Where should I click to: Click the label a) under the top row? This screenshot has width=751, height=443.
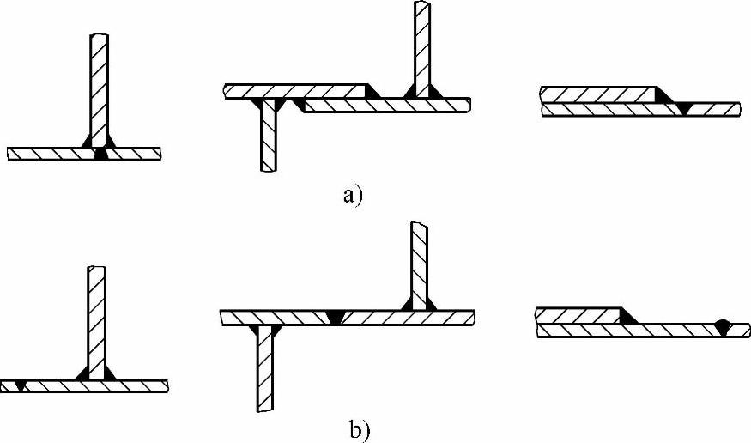click(353, 195)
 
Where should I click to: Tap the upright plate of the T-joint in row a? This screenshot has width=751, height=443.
click(100, 86)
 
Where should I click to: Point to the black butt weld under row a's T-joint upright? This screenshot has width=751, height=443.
click(101, 155)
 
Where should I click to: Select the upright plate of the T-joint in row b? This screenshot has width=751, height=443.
click(96, 318)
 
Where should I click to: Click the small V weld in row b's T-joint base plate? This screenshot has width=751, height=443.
click(19, 385)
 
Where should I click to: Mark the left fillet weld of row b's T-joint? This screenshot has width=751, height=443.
click(82, 373)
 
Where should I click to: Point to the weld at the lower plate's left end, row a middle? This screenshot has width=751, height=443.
click(298, 104)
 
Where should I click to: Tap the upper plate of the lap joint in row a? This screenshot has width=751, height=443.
click(597, 94)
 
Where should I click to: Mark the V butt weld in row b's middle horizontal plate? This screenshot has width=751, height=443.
click(336, 317)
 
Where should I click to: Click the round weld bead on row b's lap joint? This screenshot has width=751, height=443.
click(723, 326)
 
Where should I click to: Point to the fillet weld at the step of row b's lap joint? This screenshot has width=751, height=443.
click(628, 316)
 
